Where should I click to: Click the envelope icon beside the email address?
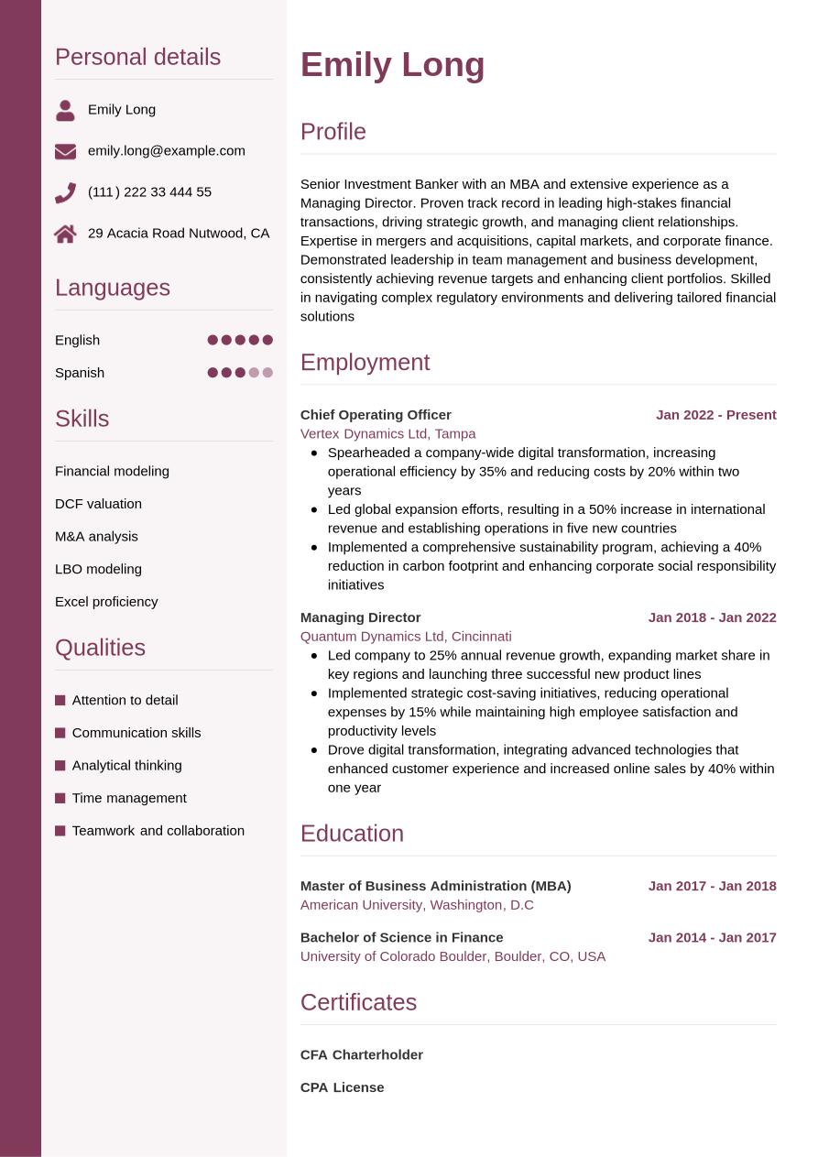point(65,151)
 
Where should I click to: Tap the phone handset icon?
point(65,192)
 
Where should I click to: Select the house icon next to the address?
point(65,234)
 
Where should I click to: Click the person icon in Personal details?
point(65,111)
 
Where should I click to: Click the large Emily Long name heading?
point(392,65)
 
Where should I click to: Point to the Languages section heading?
point(113,288)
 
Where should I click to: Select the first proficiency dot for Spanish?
point(213,373)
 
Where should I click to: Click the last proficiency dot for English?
point(267,340)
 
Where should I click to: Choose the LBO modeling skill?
point(98,569)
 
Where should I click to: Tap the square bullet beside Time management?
point(60,798)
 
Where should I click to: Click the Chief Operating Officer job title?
point(376,415)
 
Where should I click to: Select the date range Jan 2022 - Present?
point(715,415)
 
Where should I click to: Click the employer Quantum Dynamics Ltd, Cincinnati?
point(406,637)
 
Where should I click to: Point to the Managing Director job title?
point(360,617)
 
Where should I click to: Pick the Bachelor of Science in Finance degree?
point(401,937)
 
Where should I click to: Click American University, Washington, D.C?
point(417,905)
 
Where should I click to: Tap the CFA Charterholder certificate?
point(361,1054)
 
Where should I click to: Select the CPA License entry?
point(342,1087)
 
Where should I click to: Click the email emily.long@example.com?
point(167,151)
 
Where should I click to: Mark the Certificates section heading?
point(358,1002)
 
